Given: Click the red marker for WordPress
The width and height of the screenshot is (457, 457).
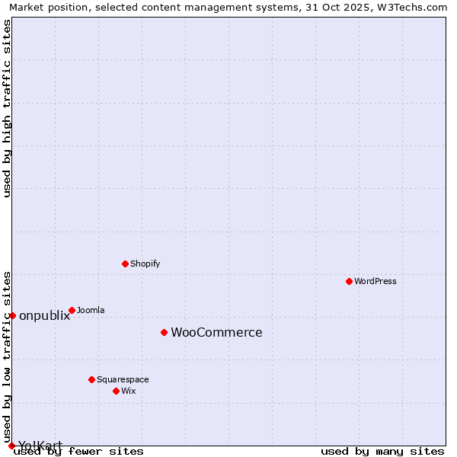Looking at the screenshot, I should point(350,281).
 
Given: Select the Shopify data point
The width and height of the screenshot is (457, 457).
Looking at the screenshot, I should point(126,264).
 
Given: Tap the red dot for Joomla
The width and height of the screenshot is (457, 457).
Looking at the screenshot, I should point(72,310).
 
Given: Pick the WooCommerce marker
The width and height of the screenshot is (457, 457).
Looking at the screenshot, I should point(164,332).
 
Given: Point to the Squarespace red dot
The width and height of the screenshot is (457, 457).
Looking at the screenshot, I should point(91,379).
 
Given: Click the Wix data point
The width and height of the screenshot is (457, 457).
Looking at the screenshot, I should point(116,391).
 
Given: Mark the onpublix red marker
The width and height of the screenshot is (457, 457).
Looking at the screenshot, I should point(12,315).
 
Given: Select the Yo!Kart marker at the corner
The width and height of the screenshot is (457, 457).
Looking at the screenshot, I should point(11,446).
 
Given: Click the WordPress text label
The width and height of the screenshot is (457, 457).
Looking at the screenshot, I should point(376,281).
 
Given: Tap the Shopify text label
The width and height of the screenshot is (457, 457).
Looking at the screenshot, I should point(145,264).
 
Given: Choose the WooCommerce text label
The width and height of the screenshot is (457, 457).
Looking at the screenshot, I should point(216,332).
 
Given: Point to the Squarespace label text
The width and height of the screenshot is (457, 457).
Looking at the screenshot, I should point(123,379).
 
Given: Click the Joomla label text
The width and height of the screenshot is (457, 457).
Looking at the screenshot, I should point(91,310).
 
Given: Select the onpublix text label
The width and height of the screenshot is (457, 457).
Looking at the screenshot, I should point(44,315).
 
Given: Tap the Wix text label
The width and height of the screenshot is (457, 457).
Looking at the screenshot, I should point(128,391).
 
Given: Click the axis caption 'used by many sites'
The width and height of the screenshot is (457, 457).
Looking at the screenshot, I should point(382,451).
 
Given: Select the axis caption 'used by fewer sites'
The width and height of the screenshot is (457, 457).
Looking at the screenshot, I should point(79,451).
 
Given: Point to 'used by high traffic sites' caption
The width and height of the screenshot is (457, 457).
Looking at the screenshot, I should point(8,108).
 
